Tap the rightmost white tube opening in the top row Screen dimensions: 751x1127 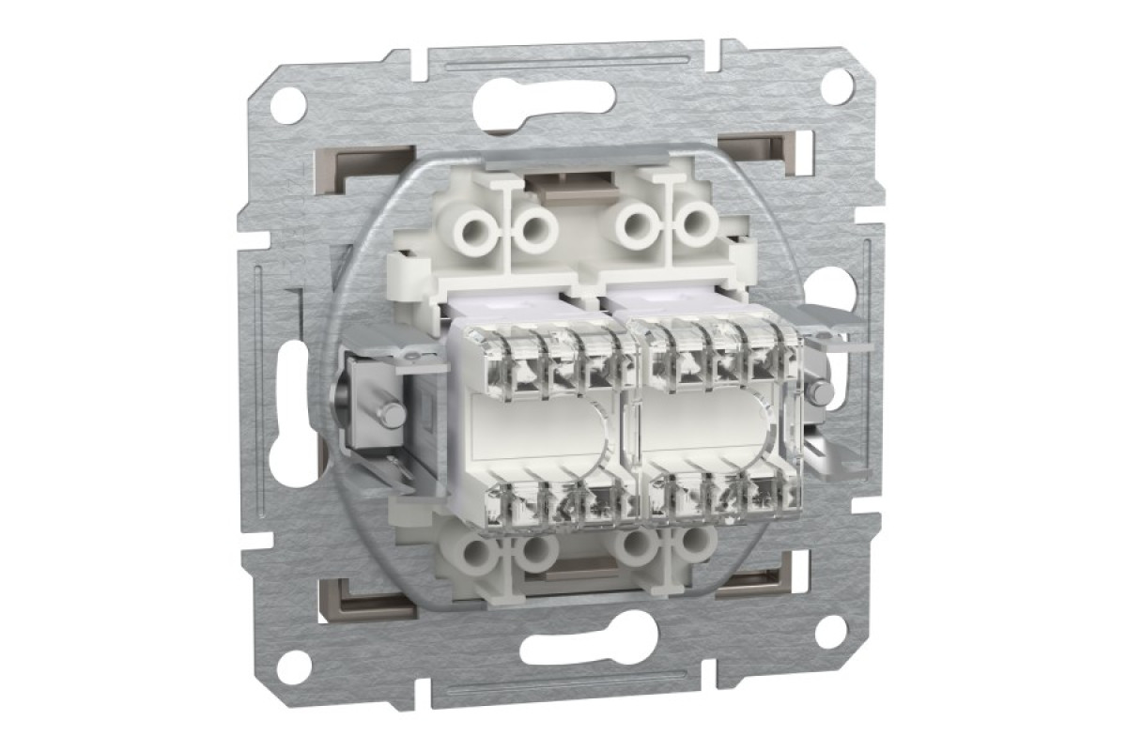(x=696, y=225)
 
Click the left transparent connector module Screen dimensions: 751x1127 (x=540, y=422)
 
